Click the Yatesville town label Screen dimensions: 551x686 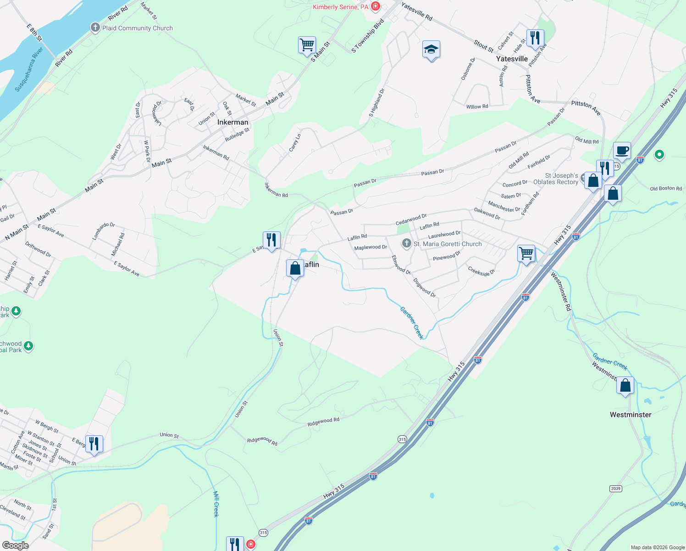[512, 59]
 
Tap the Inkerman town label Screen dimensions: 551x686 [232, 122]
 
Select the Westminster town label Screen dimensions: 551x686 [630, 415]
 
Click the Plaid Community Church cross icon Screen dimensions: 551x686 [95, 28]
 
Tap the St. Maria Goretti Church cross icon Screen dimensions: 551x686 [406, 243]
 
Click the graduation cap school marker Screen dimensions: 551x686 [431, 50]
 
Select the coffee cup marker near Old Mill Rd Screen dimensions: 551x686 [622, 150]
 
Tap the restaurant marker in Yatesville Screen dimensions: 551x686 [535, 38]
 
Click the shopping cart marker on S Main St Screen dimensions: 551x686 [307, 45]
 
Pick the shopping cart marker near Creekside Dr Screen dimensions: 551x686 [526, 253]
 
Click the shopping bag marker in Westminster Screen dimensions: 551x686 [625, 386]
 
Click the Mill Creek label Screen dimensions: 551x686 [216, 504]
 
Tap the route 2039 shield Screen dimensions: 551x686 [615, 489]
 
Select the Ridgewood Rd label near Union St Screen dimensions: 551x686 [262, 441]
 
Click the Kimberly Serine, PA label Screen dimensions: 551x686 [340, 7]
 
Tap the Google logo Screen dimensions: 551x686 [15, 545]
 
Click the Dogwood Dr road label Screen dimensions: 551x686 [424, 287]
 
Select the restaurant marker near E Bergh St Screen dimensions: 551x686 [94, 444]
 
